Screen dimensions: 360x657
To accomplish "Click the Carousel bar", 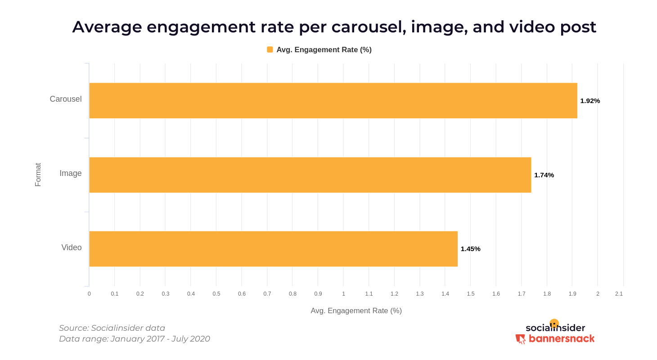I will (333, 100).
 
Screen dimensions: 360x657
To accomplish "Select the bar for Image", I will (310, 175).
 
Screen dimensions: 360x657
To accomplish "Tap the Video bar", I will (273, 249).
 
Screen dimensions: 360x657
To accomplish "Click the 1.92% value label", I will (590, 101).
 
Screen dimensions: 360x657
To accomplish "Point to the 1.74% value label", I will (544, 175).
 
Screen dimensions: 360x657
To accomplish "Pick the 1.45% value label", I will (470, 249).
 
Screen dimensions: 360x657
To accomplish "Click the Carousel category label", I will (66, 99).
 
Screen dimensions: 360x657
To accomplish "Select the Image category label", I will (71, 173).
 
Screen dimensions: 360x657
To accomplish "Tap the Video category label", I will (72, 247).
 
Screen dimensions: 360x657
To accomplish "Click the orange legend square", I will (270, 49).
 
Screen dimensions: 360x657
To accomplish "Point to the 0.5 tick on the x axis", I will (216, 294).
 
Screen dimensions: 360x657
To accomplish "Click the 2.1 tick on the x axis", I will (619, 294).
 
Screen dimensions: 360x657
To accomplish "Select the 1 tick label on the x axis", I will (343, 294).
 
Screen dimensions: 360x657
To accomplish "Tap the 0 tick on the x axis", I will (89, 294).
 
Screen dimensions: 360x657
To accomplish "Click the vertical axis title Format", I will (38, 175).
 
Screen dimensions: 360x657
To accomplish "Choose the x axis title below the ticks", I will (356, 310).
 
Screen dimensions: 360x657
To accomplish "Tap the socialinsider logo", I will (555, 327).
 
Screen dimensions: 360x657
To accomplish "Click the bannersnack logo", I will (555, 339).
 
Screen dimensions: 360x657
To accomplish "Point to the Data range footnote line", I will (135, 339).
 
